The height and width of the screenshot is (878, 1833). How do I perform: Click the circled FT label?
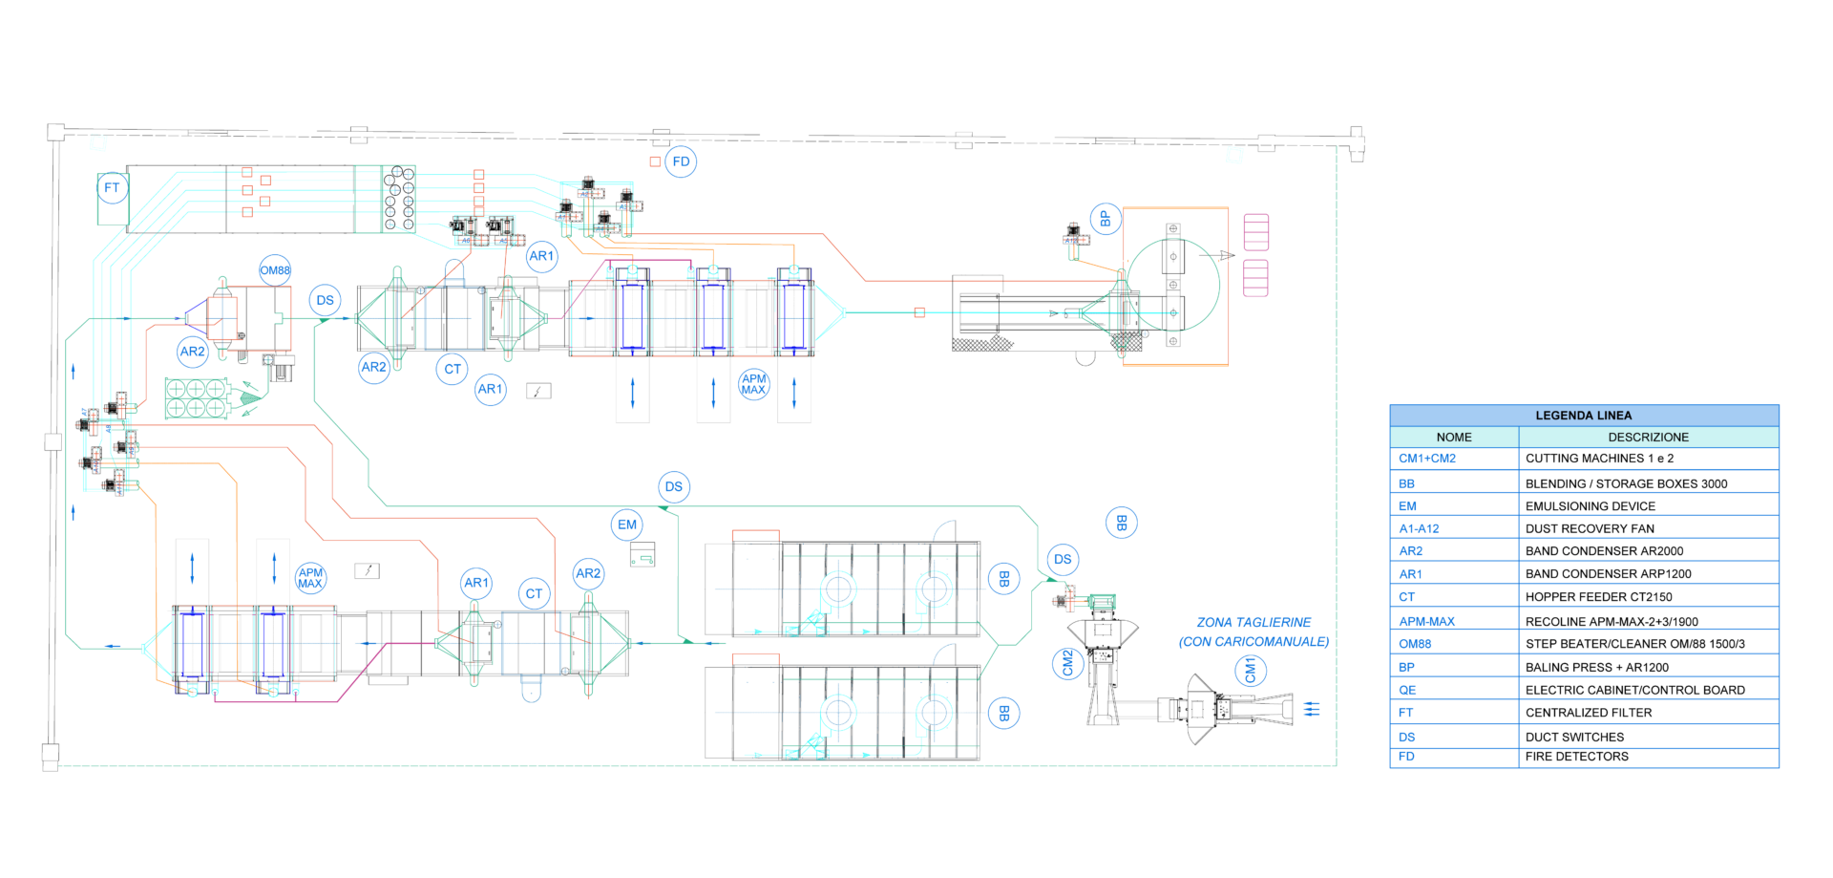pyautogui.click(x=112, y=188)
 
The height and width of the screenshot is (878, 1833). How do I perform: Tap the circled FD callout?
pyautogui.click(x=681, y=161)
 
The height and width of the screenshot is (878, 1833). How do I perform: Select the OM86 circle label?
pyautogui.click(x=275, y=270)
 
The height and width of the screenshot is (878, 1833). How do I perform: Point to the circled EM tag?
pyautogui.click(x=626, y=524)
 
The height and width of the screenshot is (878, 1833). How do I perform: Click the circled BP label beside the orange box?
pyautogui.click(x=1105, y=219)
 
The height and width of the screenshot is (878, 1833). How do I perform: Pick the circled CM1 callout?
pyautogui.click(x=1250, y=671)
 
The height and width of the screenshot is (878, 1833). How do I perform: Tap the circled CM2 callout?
pyautogui.click(x=1067, y=662)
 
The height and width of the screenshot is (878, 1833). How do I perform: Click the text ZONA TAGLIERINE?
pyautogui.click(x=1254, y=622)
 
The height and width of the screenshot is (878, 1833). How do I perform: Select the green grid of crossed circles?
pyautogui.click(x=197, y=398)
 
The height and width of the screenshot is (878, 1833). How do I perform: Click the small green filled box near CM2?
pyautogui.click(x=1102, y=601)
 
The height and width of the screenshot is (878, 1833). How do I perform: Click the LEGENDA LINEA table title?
pyautogui.click(x=1583, y=415)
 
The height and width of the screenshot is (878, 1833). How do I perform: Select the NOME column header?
pyautogui.click(x=1453, y=437)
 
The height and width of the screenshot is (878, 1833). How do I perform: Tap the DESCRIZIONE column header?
pyautogui.click(x=1648, y=437)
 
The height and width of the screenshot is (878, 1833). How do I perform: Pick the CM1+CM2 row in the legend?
pyautogui.click(x=1426, y=459)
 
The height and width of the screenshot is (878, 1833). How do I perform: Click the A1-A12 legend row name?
pyautogui.click(x=1419, y=528)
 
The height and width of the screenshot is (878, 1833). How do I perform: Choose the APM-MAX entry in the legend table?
pyautogui.click(x=1426, y=621)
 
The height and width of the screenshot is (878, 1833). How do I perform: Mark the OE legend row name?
pyautogui.click(x=1407, y=690)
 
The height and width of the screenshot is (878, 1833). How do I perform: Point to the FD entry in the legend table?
pyautogui.click(x=1406, y=757)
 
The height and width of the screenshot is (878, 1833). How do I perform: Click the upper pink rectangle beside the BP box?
pyautogui.click(x=1255, y=232)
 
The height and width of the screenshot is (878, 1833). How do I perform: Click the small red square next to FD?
pyautogui.click(x=655, y=161)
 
